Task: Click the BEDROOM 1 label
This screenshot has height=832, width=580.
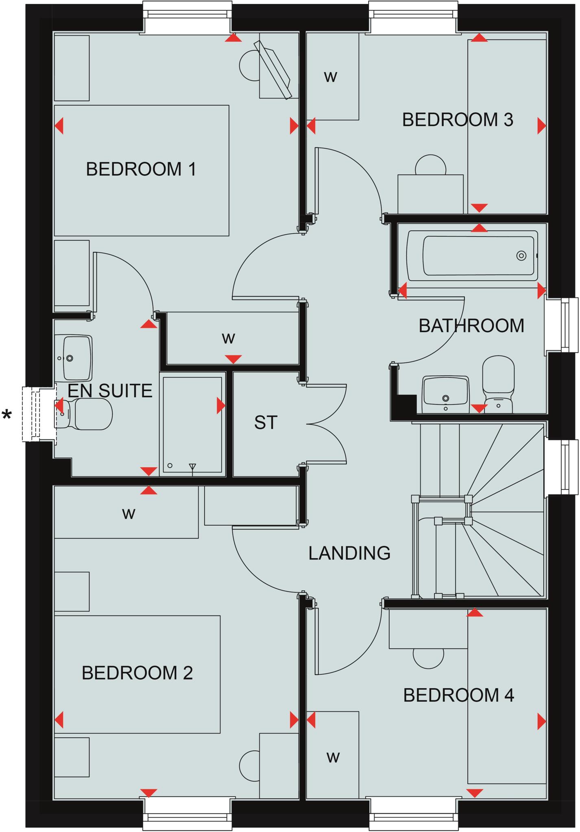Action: point(141,169)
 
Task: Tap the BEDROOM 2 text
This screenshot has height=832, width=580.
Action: point(137,673)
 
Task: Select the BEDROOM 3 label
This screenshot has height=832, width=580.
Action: point(458,120)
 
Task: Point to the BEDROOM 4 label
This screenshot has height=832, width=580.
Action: point(458,695)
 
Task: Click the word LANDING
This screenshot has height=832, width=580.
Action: point(349,553)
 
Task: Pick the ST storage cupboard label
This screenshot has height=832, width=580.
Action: point(266,422)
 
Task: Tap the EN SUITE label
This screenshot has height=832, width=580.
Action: point(110,390)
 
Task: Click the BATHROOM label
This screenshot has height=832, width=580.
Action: point(471,326)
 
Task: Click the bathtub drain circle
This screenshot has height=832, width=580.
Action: point(521,256)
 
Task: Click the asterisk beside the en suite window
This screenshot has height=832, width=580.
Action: point(7,416)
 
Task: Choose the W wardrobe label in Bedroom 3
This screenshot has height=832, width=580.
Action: point(331,76)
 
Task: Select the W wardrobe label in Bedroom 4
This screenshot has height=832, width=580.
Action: point(333,757)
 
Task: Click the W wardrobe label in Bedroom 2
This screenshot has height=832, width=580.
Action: point(129,514)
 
